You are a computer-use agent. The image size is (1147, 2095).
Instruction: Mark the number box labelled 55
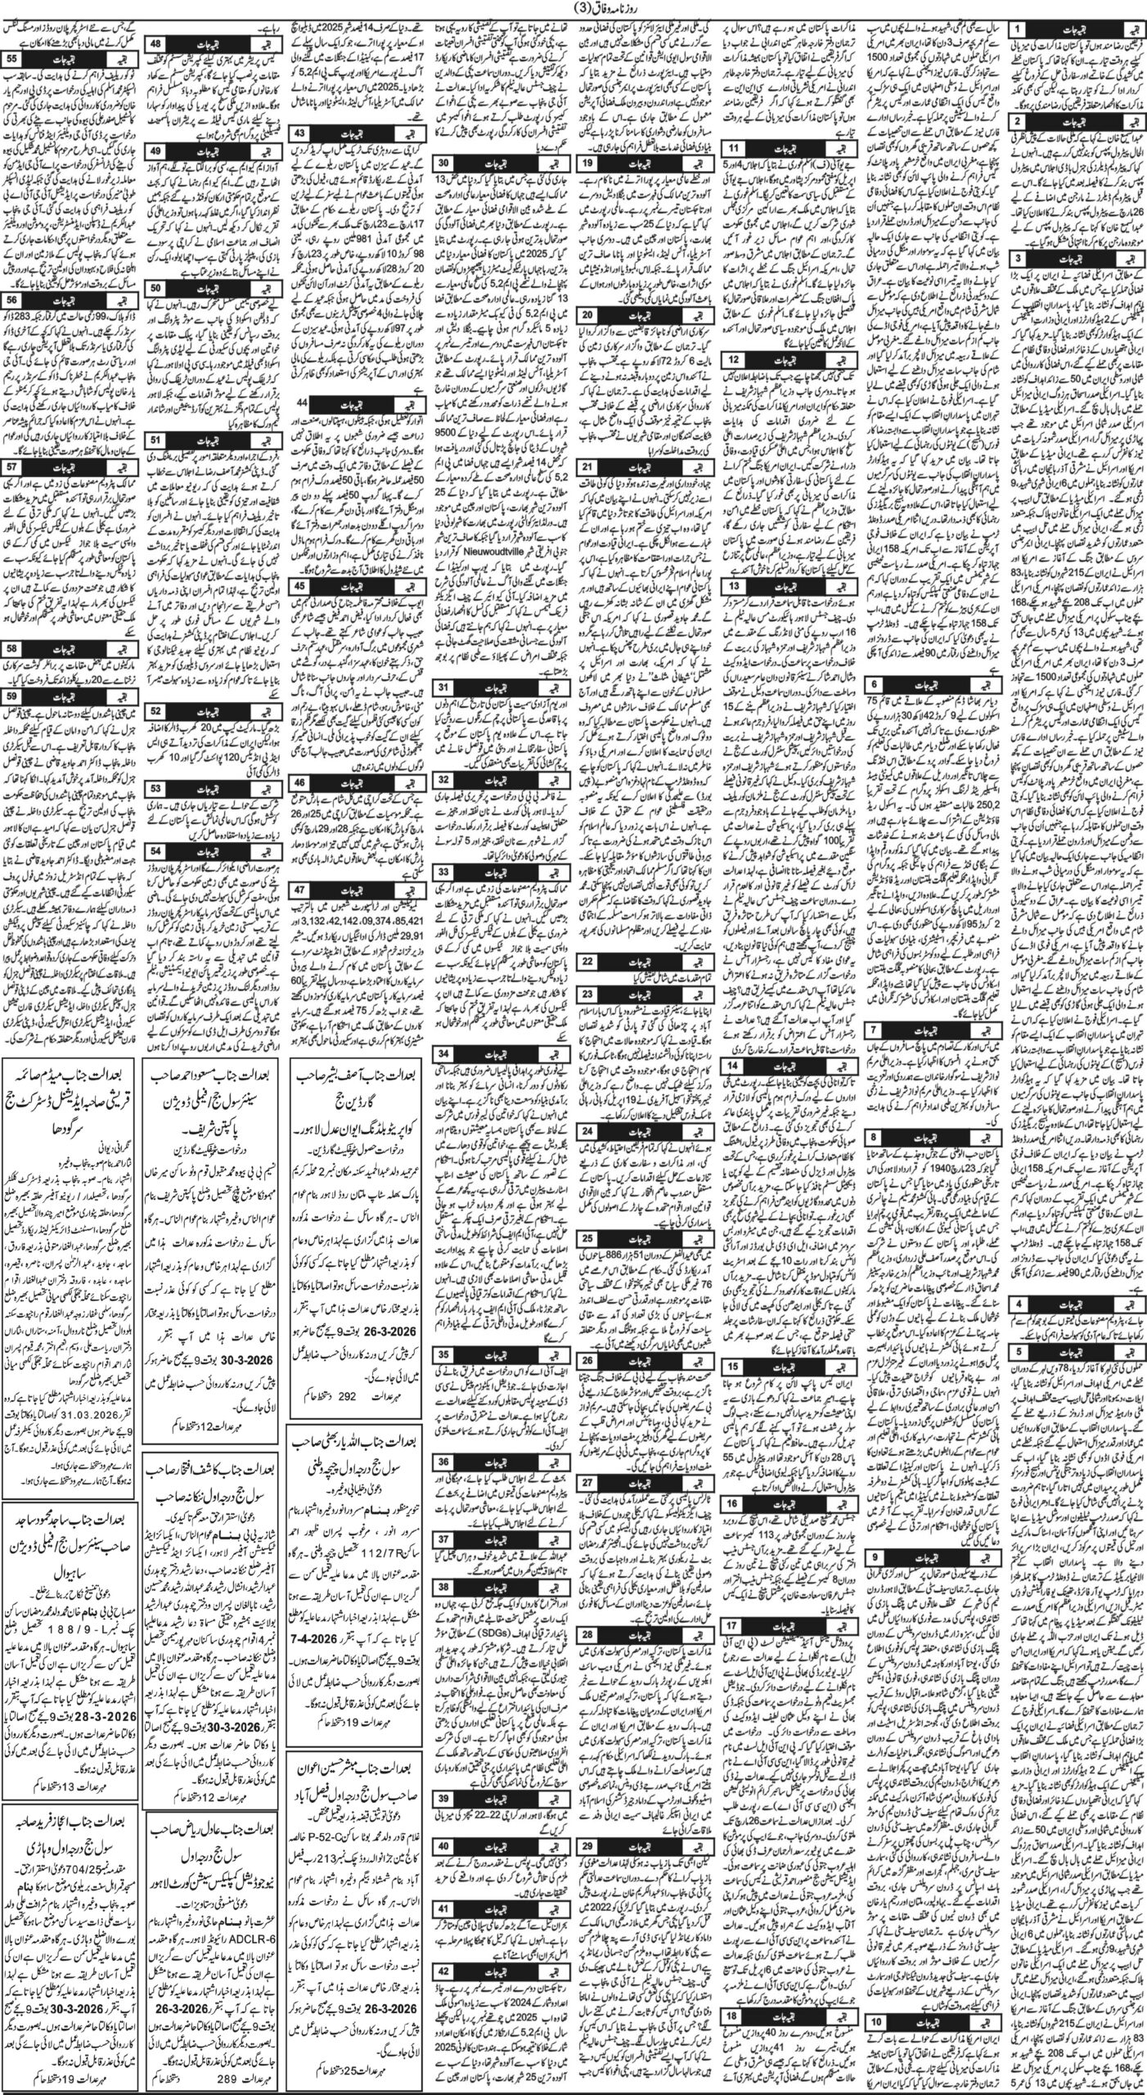(14, 59)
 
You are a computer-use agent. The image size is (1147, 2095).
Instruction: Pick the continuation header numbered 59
(14, 695)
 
